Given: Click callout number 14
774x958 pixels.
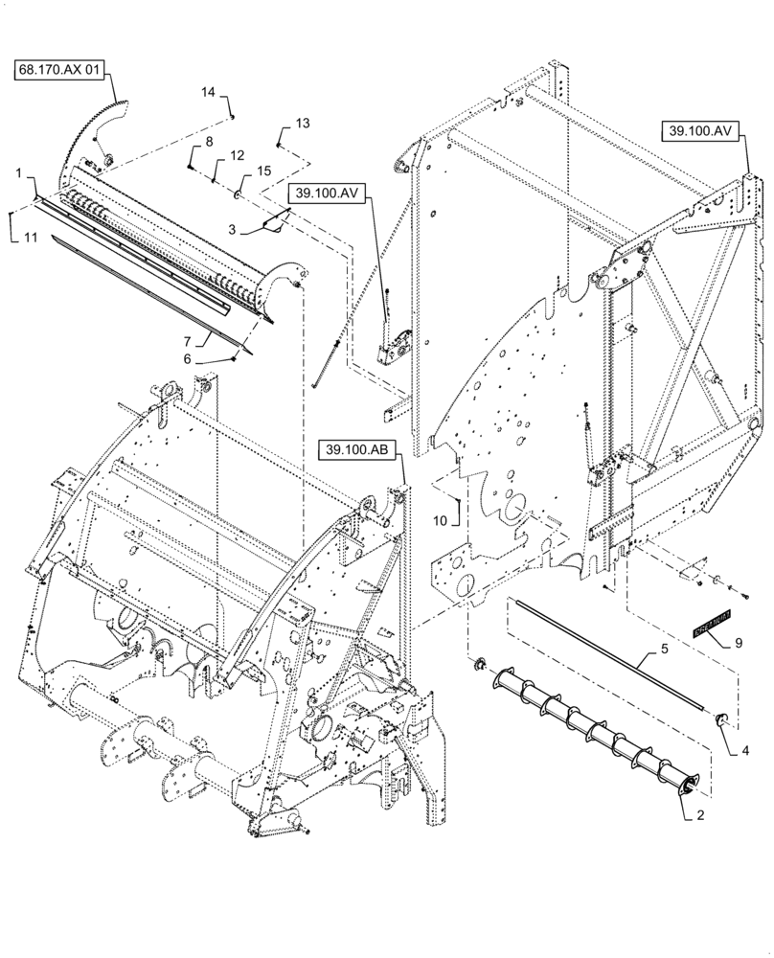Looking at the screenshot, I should coord(210,92).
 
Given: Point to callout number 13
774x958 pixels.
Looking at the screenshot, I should coord(303,124).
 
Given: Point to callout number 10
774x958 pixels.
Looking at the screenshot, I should coord(440,520).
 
